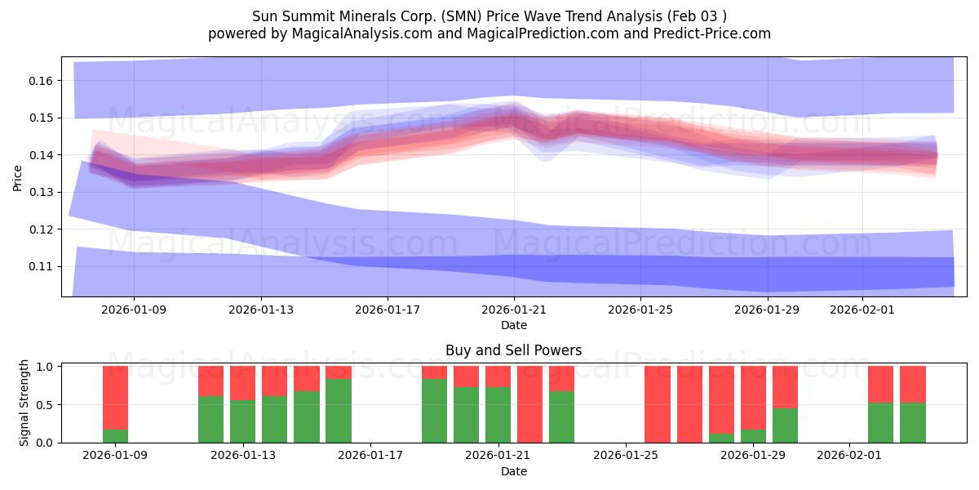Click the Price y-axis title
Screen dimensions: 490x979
point(18,176)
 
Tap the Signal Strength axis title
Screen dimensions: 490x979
point(24,403)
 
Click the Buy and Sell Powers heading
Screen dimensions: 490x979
point(513,350)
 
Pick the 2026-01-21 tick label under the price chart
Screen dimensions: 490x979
point(514,310)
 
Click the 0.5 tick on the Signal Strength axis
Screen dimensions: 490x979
point(47,404)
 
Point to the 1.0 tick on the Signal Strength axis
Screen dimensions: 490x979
point(47,367)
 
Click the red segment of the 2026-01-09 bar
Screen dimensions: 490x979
point(115,397)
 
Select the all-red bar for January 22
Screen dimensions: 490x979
point(529,404)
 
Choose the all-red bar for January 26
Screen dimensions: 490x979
point(658,404)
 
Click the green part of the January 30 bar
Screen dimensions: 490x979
point(785,425)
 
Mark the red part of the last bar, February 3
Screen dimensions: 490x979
point(912,384)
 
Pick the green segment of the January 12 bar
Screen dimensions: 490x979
point(211,419)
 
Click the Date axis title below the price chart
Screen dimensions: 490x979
point(513,325)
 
